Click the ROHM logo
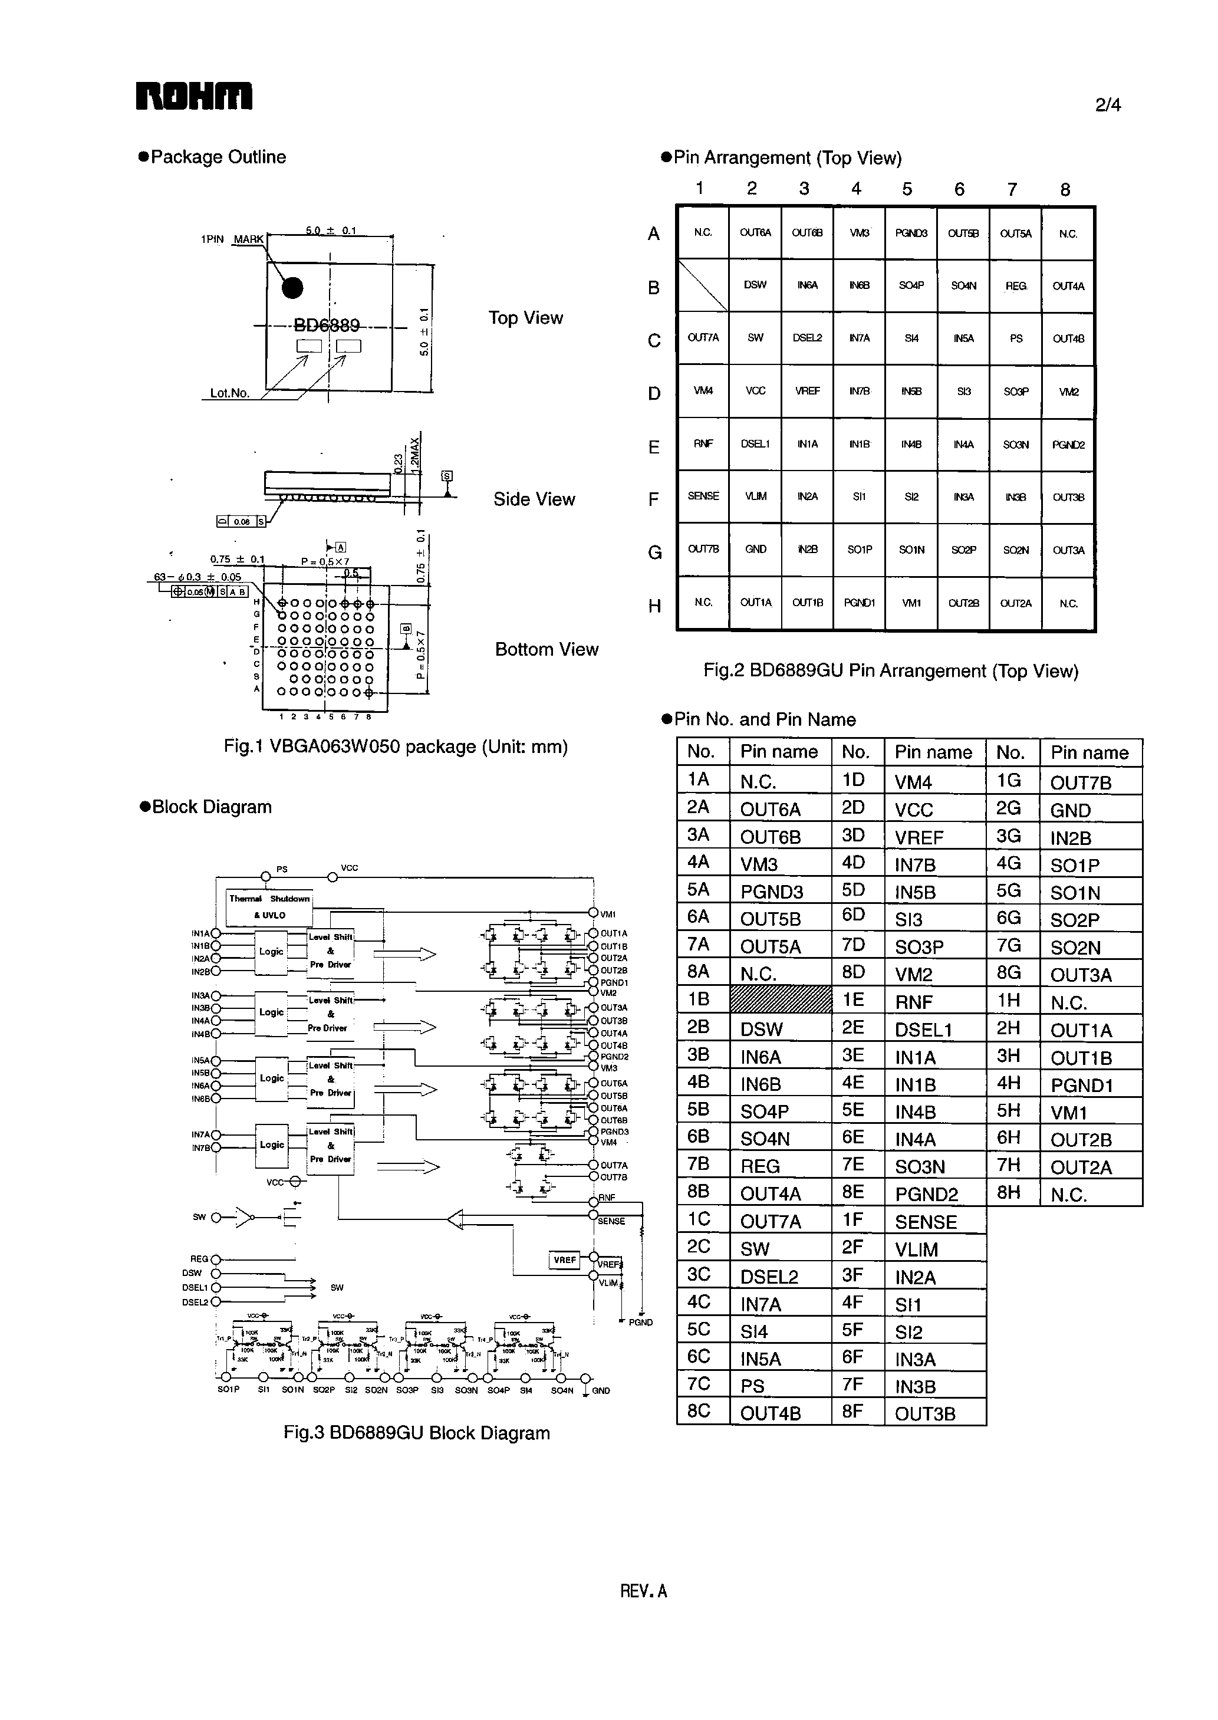pos(193,97)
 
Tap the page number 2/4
pos(1107,105)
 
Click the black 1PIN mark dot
pos(292,287)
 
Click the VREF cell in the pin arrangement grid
pos(807,391)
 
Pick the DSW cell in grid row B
pos(755,285)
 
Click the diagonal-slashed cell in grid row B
pos(703,285)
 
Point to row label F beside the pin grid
pos(653,499)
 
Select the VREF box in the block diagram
pos(565,1259)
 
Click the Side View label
pos(534,499)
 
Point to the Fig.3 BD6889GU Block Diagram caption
pos(416,1433)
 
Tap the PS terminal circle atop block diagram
pos(265,877)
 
